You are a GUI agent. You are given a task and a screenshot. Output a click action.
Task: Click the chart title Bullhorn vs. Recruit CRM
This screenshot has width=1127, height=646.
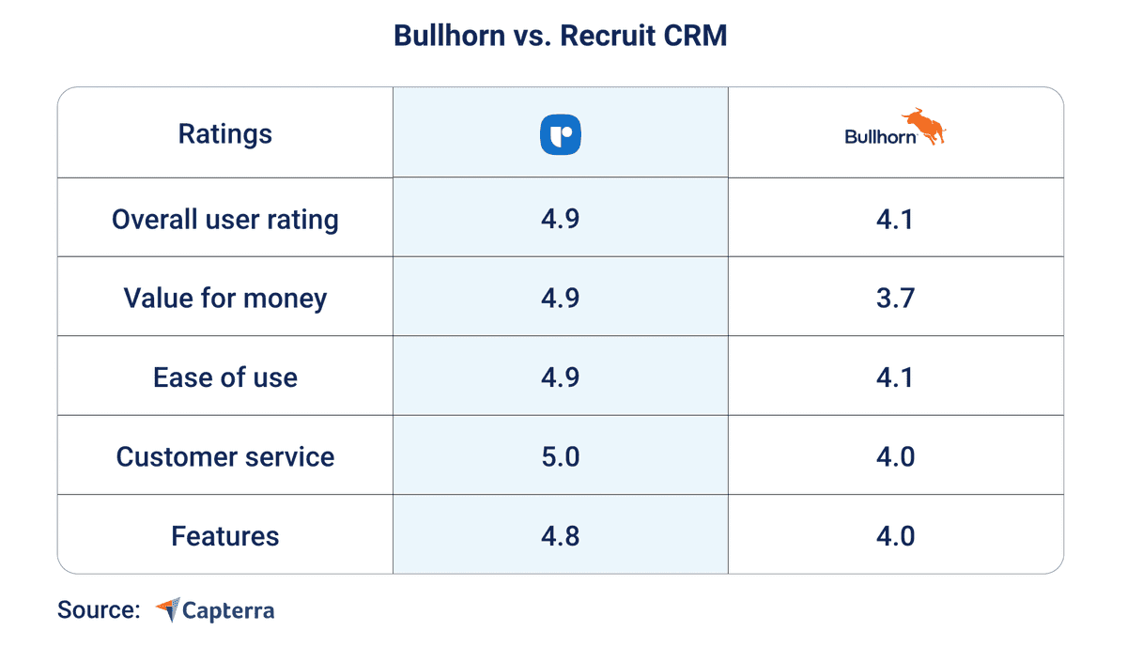click(560, 37)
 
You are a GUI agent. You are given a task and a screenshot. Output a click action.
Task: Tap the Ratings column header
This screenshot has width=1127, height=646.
click(225, 133)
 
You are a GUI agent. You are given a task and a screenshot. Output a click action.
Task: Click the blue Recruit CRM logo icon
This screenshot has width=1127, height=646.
click(561, 133)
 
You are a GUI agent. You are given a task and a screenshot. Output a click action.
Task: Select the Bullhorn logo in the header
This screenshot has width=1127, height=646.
click(895, 129)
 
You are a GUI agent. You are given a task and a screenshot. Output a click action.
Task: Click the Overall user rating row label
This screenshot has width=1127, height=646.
click(225, 219)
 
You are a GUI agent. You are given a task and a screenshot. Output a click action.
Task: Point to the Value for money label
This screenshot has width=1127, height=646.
click(225, 299)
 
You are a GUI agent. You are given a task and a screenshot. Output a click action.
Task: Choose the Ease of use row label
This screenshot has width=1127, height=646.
click(225, 377)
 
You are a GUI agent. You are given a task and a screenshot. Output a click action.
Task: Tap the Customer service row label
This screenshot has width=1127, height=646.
click(225, 457)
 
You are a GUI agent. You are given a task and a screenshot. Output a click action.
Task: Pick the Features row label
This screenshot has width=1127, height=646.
click(225, 536)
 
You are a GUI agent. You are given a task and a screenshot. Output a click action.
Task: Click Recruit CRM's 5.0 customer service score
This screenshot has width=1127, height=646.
click(561, 457)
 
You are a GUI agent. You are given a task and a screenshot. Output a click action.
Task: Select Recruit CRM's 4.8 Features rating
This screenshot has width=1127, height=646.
click(561, 536)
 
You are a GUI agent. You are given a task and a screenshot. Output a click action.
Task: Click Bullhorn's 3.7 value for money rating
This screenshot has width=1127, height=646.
click(895, 299)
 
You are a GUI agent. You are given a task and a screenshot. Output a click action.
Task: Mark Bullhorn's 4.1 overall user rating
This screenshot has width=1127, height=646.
click(895, 219)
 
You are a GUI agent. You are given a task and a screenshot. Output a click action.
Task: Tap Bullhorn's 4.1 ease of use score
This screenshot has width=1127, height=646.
click(895, 377)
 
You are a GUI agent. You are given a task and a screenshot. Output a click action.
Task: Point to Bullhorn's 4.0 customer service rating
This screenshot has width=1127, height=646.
click(895, 457)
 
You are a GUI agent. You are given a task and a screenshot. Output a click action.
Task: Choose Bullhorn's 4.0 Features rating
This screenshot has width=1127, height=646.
click(895, 536)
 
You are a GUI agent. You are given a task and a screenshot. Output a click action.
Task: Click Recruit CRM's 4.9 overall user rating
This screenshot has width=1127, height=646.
click(561, 219)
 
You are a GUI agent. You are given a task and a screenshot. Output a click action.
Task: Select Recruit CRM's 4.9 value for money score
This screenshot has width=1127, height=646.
click(561, 299)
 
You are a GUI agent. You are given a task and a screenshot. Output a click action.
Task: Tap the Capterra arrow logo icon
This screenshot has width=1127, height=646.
click(167, 609)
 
